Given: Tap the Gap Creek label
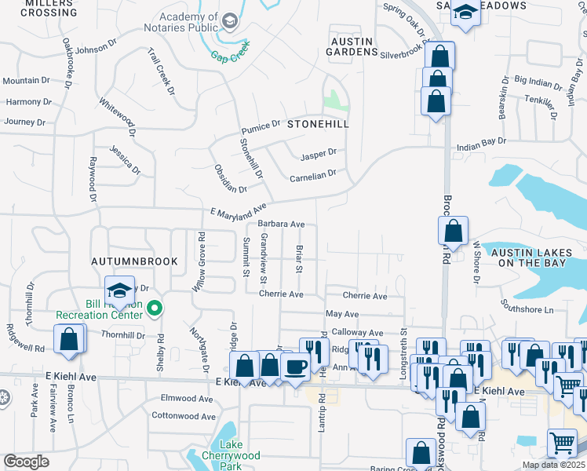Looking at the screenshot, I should [229, 56].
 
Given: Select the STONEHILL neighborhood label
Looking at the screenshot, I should [317, 124].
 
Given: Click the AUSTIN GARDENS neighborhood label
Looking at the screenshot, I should [352, 46].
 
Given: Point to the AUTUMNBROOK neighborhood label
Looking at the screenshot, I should [133, 261].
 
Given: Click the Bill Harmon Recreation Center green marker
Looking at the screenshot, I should [155, 309].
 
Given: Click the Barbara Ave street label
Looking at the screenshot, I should [280, 225].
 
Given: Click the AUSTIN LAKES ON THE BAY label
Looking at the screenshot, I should [533, 257].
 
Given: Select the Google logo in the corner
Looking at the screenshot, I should [26, 462].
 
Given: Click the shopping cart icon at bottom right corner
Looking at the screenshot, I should [563, 445].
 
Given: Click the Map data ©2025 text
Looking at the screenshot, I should [552, 465].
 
